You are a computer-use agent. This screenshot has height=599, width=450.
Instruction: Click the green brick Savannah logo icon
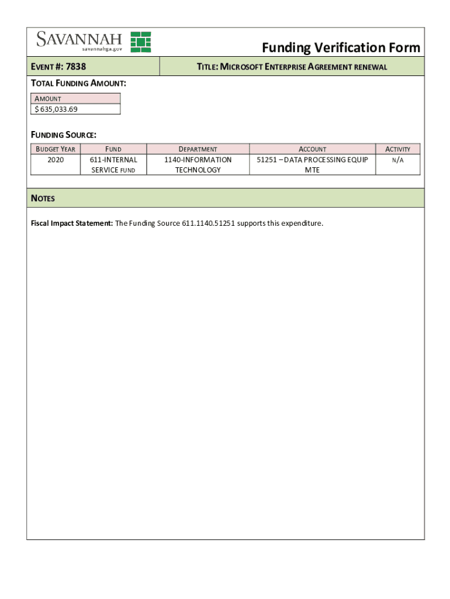click(x=140, y=42)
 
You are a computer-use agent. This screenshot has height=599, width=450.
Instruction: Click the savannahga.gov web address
click(x=102, y=49)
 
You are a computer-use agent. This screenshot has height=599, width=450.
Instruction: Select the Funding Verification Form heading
click(x=341, y=47)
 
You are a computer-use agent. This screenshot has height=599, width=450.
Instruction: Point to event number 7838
click(x=76, y=67)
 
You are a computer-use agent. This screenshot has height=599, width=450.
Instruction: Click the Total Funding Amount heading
click(x=78, y=84)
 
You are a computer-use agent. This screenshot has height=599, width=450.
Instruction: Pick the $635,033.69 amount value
click(x=56, y=109)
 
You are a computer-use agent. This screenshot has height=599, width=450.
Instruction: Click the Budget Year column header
click(x=56, y=149)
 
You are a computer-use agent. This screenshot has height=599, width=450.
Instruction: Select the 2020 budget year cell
click(x=56, y=160)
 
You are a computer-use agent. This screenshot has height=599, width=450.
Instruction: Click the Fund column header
click(x=113, y=149)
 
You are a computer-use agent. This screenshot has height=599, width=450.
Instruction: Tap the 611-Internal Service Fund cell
click(x=113, y=164)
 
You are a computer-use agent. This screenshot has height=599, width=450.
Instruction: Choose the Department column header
click(x=198, y=149)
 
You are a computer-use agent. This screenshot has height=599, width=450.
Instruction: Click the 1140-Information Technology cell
click(x=198, y=164)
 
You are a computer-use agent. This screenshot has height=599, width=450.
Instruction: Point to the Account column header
click(x=313, y=149)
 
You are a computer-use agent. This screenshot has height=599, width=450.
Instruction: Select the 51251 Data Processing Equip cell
click(x=312, y=164)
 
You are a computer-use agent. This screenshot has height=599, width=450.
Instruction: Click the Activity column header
click(x=398, y=149)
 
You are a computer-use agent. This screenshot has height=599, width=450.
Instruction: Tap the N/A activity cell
click(x=398, y=160)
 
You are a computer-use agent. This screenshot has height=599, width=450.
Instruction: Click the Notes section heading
click(x=43, y=198)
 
